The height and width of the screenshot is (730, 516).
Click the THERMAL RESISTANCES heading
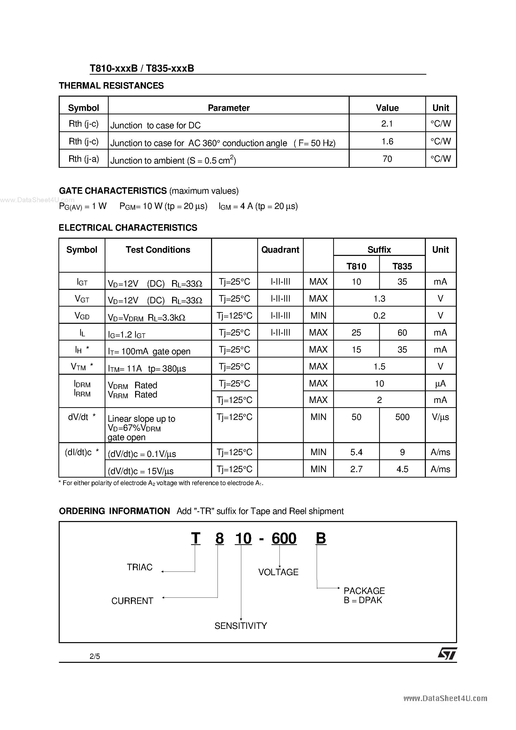(x=111, y=86)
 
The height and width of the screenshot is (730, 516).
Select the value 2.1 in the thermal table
(x=387, y=123)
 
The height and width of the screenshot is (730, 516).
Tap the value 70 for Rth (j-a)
(x=387, y=159)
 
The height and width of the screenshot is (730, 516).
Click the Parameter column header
(x=229, y=108)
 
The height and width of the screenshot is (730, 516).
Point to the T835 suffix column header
(x=402, y=266)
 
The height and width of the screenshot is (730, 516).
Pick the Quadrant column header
(x=280, y=250)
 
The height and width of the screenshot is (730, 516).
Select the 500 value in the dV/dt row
(x=402, y=417)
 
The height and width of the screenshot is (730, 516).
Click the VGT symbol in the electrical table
(x=82, y=299)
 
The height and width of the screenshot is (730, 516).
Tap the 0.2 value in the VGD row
(x=379, y=315)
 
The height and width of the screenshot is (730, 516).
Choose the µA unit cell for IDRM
(x=440, y=384)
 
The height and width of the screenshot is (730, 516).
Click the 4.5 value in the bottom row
(x=402, y=469)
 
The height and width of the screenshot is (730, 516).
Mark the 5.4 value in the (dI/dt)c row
(x=356, y=452)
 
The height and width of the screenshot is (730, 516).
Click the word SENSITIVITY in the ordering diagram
(x=241, y=626)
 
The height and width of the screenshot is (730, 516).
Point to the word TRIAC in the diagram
(x=140, y=567)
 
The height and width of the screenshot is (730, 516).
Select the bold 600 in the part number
(x=284, y=538)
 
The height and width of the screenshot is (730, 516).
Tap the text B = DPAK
(x=363, y=600)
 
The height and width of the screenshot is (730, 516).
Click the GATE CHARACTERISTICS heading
(x=113, y=191)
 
